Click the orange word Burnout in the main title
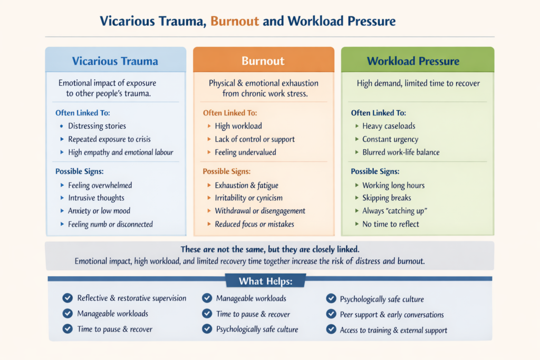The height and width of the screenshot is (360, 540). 235,21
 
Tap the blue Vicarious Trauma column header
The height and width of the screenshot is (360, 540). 115,61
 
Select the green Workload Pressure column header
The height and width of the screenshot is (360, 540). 413,61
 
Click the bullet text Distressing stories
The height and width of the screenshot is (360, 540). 97,126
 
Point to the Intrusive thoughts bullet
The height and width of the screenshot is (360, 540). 96,198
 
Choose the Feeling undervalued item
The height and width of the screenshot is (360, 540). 246,152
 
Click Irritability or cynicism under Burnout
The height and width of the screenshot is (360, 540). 249,198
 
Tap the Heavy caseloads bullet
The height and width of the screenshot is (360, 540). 389,126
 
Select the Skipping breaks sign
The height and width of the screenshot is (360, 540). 387,198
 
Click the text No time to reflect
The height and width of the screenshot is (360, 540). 391,224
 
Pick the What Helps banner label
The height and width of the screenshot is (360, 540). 266,281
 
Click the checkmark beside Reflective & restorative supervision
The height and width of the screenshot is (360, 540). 67,298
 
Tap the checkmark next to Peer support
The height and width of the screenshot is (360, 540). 331,314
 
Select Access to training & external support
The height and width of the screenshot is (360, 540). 393,330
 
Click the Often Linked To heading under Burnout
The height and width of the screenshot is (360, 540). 230,113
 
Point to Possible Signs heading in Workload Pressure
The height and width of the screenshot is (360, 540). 375,171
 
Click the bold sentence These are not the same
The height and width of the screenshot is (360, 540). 270,249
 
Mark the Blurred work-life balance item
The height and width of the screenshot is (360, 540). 401,152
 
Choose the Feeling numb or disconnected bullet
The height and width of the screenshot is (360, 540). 110,224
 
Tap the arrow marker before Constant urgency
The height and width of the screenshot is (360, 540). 357,139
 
